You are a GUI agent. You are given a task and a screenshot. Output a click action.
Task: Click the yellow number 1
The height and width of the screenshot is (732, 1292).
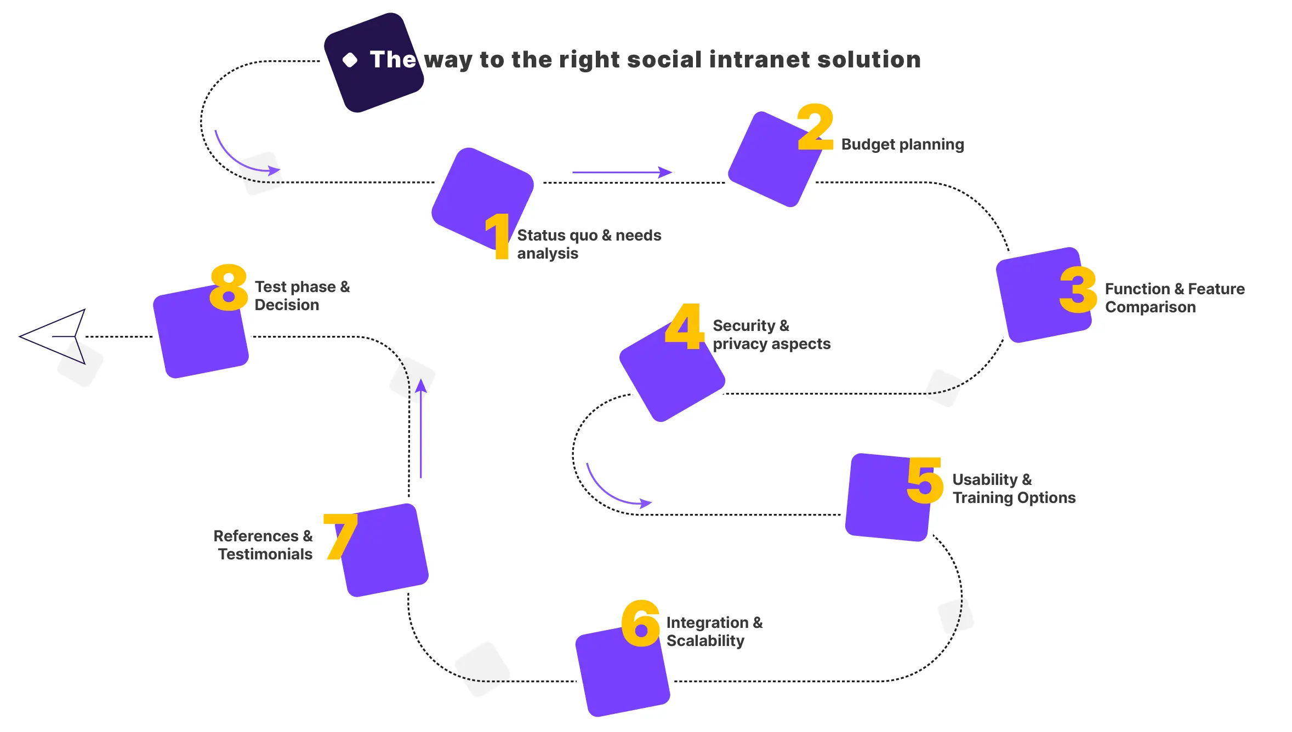499,236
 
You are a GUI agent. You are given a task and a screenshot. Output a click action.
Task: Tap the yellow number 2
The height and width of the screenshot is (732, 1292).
816,127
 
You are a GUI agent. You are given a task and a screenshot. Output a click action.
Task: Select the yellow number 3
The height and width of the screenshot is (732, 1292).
1078,290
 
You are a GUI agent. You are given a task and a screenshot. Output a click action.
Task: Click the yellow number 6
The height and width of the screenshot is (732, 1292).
641,624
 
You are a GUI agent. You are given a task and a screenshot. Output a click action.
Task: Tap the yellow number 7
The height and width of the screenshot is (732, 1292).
340,536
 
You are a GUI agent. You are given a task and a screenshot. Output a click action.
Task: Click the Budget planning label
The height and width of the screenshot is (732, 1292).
902,145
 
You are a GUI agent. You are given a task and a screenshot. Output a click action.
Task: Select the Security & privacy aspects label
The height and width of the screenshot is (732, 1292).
771,335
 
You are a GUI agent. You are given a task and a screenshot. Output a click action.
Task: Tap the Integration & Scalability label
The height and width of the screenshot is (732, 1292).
714,632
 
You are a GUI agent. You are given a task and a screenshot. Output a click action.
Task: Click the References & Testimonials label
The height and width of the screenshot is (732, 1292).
263,545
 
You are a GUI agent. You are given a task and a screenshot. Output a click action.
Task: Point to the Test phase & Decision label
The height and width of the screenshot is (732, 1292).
302,296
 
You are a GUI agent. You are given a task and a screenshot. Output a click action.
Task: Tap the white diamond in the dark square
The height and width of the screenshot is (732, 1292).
350,60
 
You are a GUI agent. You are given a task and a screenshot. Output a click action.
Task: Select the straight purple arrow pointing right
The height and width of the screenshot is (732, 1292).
622,172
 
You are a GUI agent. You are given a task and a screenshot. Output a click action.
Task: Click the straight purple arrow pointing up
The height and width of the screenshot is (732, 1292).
420,428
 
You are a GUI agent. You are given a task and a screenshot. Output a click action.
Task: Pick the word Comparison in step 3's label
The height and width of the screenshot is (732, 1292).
1150,307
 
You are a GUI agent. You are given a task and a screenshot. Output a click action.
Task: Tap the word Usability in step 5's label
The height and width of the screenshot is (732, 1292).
984,480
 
